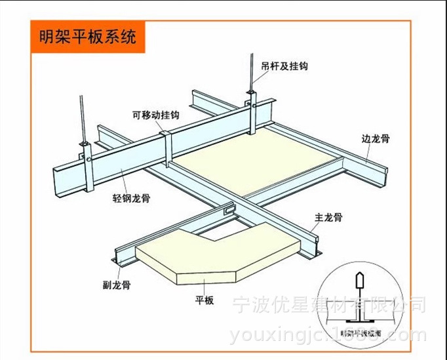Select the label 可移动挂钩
(x=155, y=115)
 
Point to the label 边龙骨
(x=376, y=138)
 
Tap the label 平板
(x=205, y=301)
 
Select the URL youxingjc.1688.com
(x=328, y=335)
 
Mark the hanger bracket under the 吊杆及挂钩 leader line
(x=252, y=109)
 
